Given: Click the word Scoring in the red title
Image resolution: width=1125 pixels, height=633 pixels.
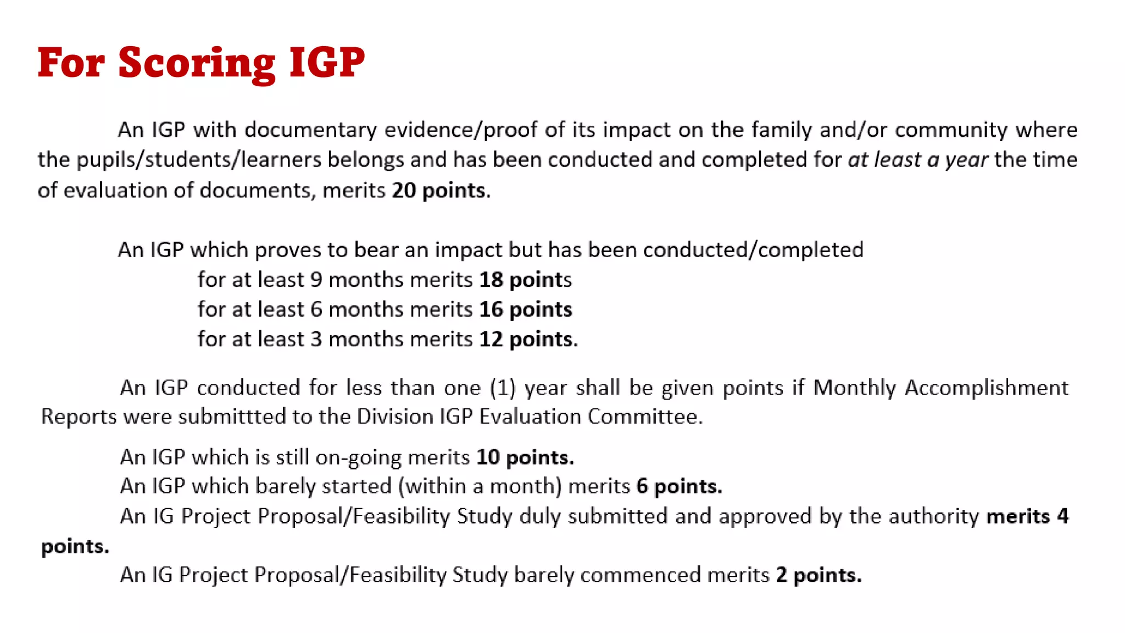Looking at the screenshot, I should [x=196, y=63].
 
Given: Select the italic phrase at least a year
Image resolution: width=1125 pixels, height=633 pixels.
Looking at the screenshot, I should [x=918, y=160].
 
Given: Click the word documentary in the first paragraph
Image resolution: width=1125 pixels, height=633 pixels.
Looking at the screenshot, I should [x=311, y=130].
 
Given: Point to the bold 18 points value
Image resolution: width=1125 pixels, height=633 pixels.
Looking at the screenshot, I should [x=525, y=280].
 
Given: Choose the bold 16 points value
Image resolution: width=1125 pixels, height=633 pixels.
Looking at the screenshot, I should [x=525, y=309].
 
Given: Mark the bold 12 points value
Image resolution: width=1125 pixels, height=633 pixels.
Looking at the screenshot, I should [x=527, y=339].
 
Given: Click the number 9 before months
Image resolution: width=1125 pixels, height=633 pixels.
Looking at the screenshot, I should [x=316, y=280].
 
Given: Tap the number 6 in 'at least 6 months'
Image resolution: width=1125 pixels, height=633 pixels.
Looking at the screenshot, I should [x=316, y=309].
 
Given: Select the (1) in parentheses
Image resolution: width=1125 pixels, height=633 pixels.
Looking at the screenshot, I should [x=503, y=388].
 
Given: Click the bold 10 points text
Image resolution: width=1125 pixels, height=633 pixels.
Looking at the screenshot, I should [x=525, y=457].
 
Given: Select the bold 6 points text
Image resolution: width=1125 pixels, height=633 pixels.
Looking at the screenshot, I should [x=679, y=486].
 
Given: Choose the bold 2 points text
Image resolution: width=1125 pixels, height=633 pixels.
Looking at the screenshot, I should [x=818, y=575].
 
